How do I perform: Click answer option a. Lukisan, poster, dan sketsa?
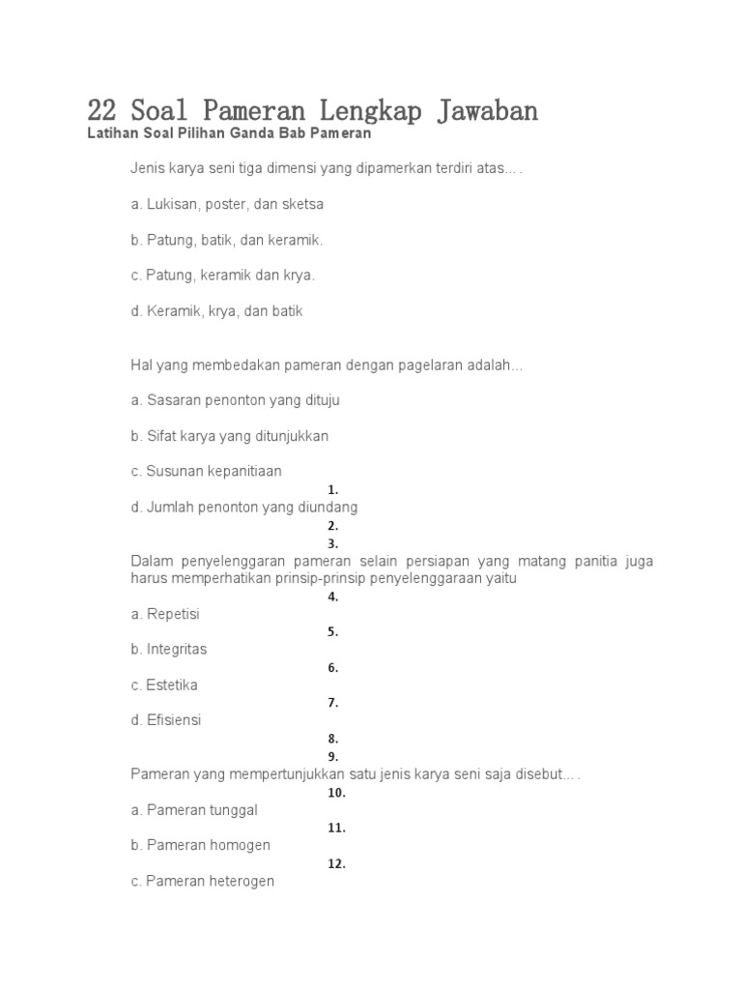pos(227,204)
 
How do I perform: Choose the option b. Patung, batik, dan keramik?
pos(227,240)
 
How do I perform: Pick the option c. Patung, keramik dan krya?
pos(222,276)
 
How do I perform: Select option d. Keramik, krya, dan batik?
pos(216,311)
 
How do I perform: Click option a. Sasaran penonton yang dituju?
pos(235,399)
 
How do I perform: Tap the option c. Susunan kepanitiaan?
pos(206,471)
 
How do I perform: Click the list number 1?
pos(332,490)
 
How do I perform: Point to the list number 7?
pos(332,703)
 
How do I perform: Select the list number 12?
pos(336,863)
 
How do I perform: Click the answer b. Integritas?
pos(168,649)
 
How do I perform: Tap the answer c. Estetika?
pos(164,684)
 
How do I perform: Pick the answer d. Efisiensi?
pos(166,720)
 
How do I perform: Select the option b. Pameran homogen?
pos(200,845)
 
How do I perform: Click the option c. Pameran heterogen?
pos(203,881)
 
